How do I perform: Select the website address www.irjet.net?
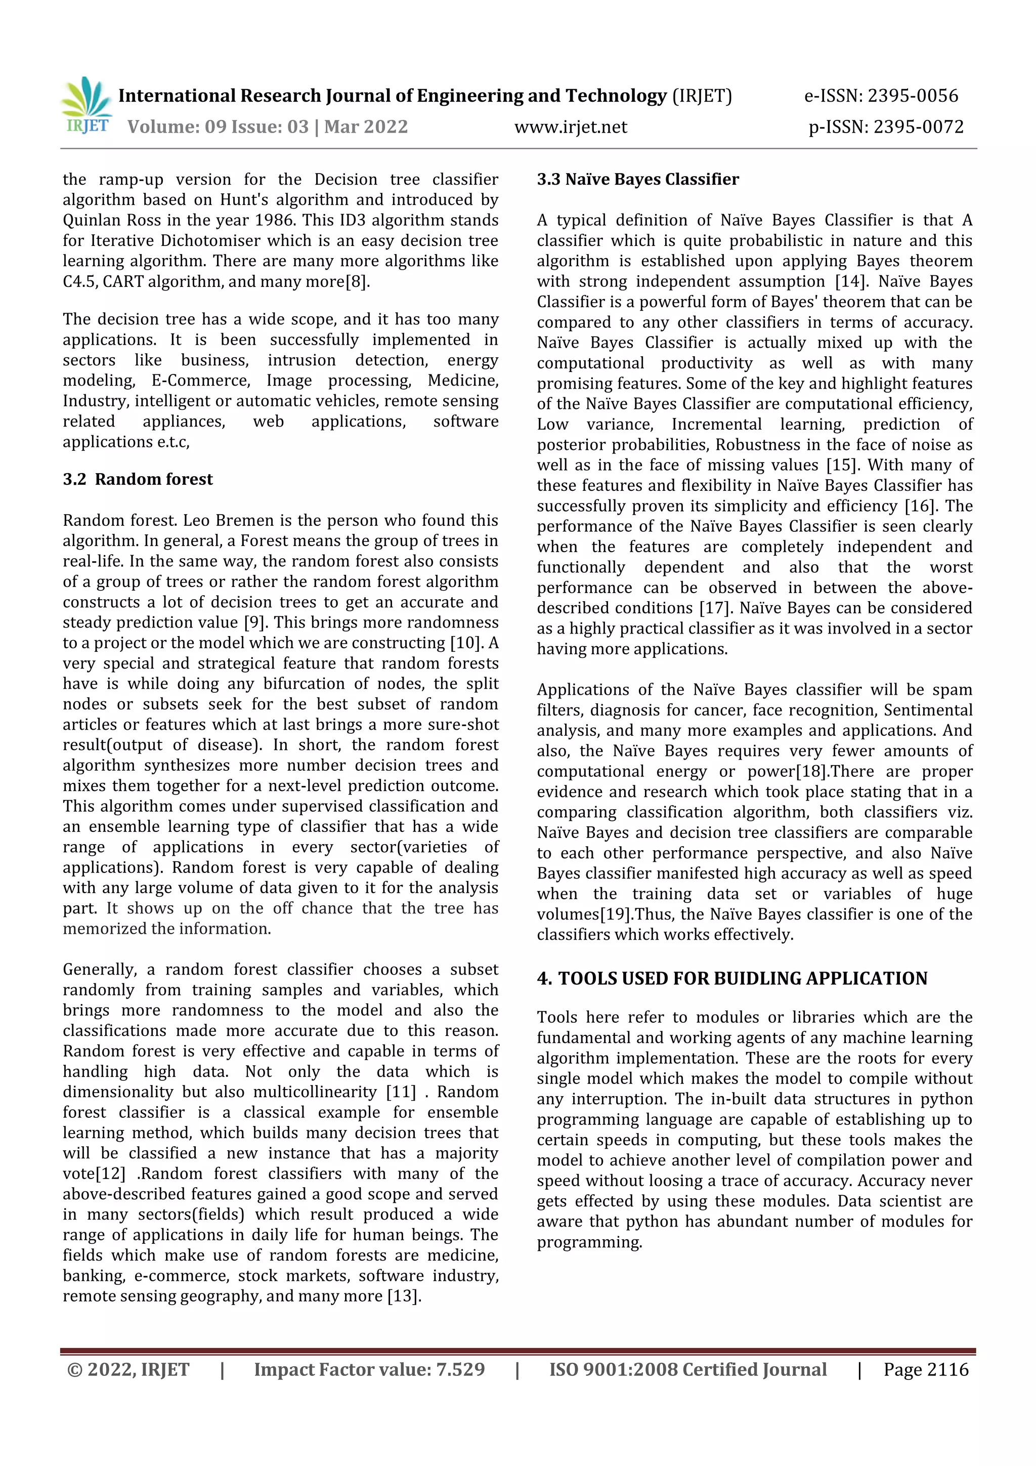click(x=571, y=127)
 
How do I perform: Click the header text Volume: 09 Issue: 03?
click(x=218, y=127)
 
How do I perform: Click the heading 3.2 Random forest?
click(x=138, y=480)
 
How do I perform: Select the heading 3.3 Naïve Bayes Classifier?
click(x=638, y=180)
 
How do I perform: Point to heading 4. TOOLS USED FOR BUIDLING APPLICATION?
click(x=731, y=979)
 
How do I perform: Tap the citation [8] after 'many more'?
click(x=357, y=281)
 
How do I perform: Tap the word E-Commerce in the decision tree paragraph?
click(x=200, y=381)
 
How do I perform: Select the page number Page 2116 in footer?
click(x=926, y=1369)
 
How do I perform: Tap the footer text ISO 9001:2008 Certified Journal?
click(x=687, y=1369)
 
